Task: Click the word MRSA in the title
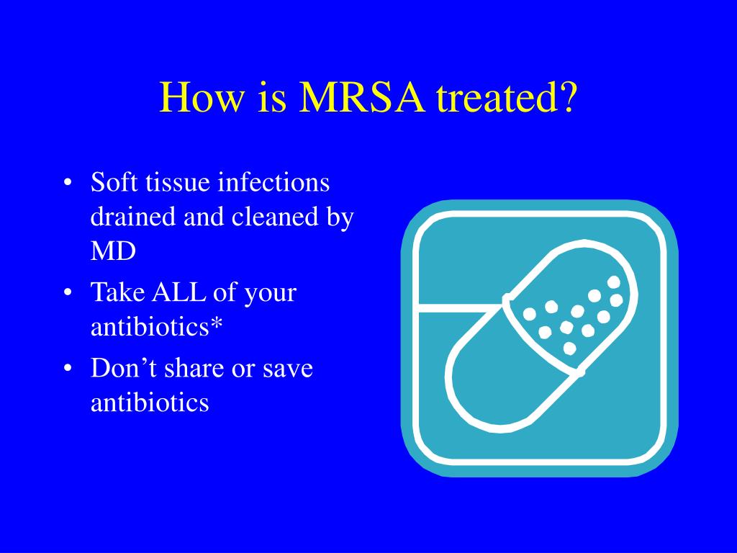[362, 96]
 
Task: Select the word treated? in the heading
[506, 96]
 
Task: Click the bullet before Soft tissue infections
[68, 184]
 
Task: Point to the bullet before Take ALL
[68, 294]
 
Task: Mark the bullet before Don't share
[68, 369]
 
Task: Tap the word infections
[273, 183]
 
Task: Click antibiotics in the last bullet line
[150, 403]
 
